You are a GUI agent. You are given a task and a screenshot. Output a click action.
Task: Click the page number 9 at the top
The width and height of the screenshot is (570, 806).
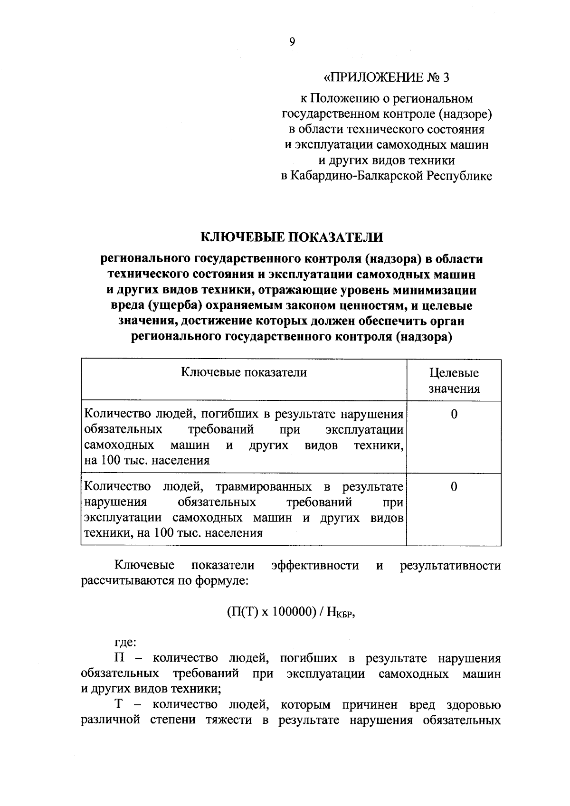click(292, 42)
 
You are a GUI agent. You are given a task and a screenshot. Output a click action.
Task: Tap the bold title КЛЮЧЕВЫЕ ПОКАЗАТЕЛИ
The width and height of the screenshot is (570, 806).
click(291, 237)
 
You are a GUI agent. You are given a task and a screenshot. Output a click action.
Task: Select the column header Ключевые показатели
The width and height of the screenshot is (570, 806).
click(244, 373)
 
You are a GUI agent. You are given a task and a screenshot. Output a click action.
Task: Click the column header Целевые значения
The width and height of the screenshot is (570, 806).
click(454, 381)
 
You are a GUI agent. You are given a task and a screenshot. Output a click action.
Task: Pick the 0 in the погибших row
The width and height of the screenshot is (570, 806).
click(454, 415)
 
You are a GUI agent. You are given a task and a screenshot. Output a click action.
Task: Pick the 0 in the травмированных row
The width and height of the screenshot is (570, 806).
click(454, 487)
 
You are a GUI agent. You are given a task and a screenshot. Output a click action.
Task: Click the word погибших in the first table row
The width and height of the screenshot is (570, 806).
click(226, 415)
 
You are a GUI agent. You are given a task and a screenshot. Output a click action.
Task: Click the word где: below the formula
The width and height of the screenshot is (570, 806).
click(125, 643)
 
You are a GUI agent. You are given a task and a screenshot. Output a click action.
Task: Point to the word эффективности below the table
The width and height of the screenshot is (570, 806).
click(315, 566)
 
